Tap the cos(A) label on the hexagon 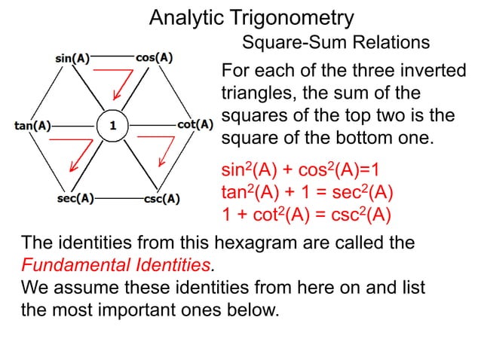tap(155, 56)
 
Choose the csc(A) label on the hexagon tap(161, 200)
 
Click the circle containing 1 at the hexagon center tap(113, 126)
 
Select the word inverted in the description tap(427, 72)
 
